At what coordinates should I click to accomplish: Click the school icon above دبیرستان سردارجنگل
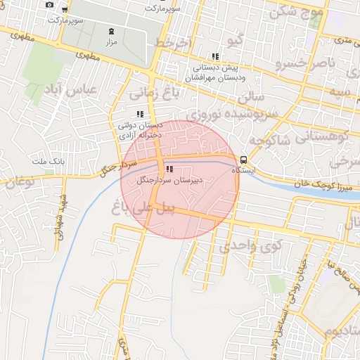[169, 168]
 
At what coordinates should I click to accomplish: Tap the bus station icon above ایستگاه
[243, 159]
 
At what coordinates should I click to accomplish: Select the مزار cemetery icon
[111, 32]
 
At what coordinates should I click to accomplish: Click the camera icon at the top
[49, 4]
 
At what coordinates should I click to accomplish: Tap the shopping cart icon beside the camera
[65, 10]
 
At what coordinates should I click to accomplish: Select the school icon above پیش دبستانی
[214, 57]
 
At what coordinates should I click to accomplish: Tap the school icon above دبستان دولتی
[140, 113]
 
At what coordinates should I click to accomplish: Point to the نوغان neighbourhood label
[19, 181]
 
